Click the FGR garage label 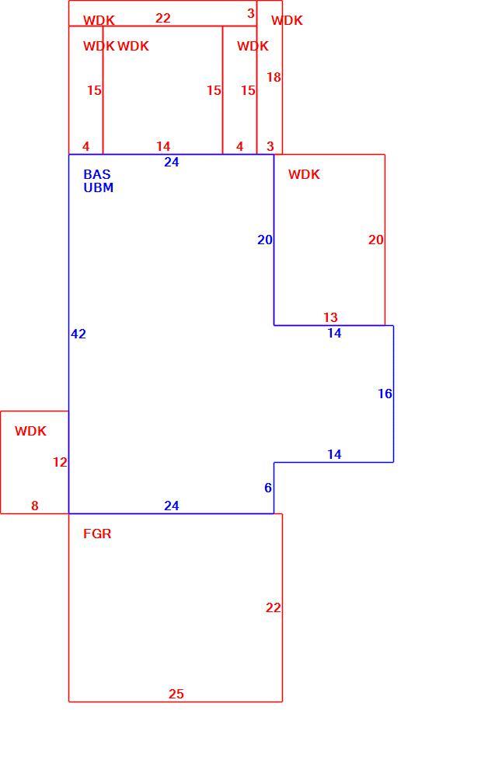pyautogui.click(x=97, y=534)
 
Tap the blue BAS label pyautogui.click(x=97, y=174)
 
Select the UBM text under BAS pyautogui.click(x=98, y=187)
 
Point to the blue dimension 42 pyautogui.click(x=78, y=334)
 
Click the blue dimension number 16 pyautogui.click(x=385, y=394)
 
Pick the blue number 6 pyautogui.click(x=268, y=488)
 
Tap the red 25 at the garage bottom pyautogui.click(x=176, y=694)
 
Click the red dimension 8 pyautogui.click(x=34, y=506)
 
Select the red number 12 pyautogui.click(x=60, y=462)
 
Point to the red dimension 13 pyautogui.click(x=330, y=317)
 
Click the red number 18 pyautogui.click(x=274, y=77)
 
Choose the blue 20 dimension pyautogui.click(x=265, y=240)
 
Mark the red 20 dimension pyautogui.click(x=375, y=240)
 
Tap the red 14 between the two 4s pyautogui.click(x=163, y=146)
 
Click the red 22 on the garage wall pyautogui.click(x=274, y=607)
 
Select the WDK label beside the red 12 pyautogui.click(x=30, y=431)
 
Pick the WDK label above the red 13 pyautogui.click(x=304, y=174)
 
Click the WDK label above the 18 pyautogui.click(x=287, y=20)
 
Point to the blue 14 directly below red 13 pyautogui.click(x=334, y=333)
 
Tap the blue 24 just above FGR pyautogui.click(x=171, y=506)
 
